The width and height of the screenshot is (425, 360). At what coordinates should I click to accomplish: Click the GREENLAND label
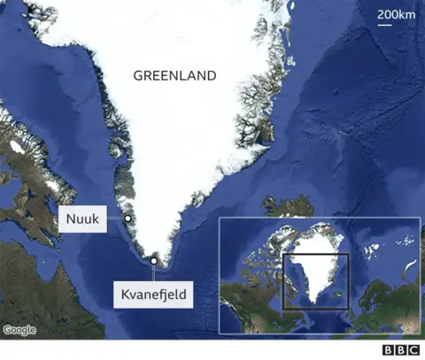tap(174, 76)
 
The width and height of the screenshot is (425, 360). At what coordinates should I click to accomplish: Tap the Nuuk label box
tap(82, 218)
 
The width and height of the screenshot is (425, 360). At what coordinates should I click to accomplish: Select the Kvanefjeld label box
tap(152, 294)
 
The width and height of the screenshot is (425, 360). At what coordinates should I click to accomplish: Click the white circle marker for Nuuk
tap(127, 218)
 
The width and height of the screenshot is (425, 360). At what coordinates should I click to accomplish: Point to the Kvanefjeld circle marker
tap(154, 261)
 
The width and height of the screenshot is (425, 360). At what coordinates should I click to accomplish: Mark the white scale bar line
tap(386, 25)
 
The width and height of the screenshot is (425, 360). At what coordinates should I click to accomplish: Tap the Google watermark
tap(19, 330)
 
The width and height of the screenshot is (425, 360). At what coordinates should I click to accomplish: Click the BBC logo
tap(401, 350)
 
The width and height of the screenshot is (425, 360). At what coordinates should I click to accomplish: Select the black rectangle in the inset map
tap(315, 282)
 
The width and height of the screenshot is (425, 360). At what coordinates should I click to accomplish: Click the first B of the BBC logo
tap(389, 350)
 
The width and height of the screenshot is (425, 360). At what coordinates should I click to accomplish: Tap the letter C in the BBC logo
tap(413, 350)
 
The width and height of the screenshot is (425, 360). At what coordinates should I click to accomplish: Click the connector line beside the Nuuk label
tap(115, 218)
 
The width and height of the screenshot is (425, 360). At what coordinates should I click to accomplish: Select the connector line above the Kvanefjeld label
tap(154, 272)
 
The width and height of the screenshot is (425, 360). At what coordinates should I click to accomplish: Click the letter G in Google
tap(7, 330)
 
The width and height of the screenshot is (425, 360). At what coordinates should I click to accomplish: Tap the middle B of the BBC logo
tap(401, 350)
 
